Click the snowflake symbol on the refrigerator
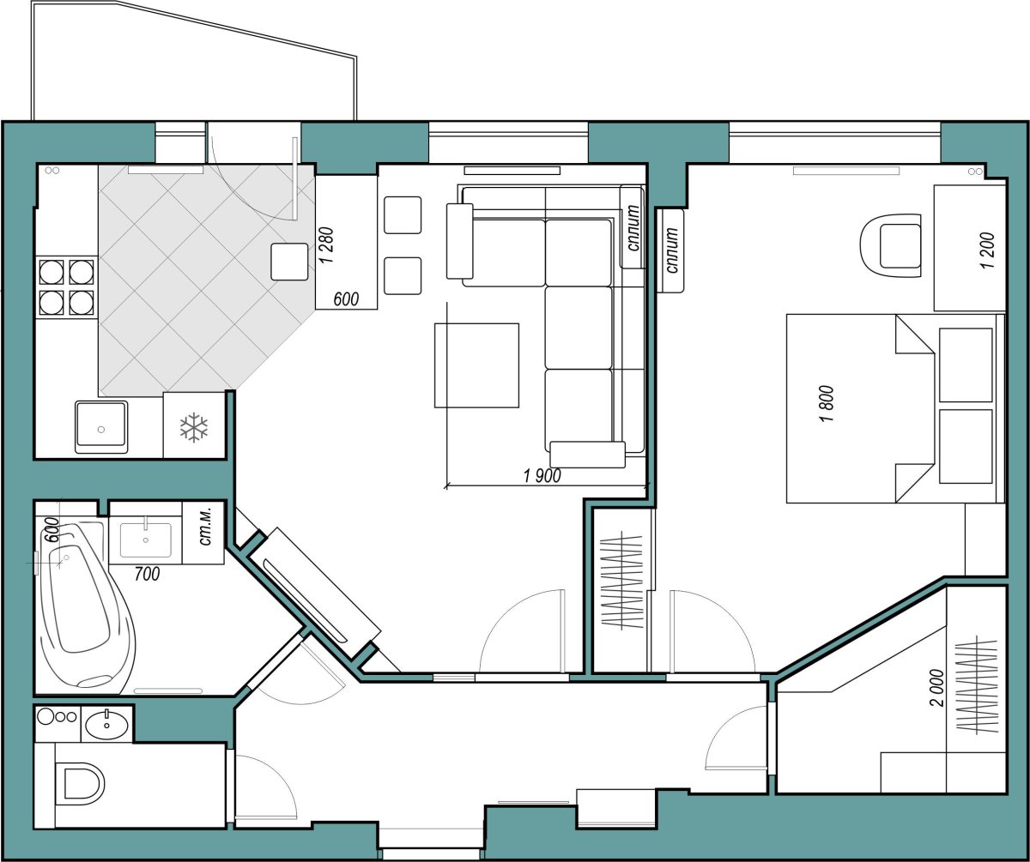pyautogui.click(x=194, y=428)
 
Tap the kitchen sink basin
pyautogui.click(x=101, y=427)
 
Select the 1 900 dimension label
pyautogui.click(x=542, y=476)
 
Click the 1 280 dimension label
pyautogui.click(x=326, y=245)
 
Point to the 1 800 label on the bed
pyautogui.click(x=827, y=403)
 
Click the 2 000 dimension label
pyautogui.click(x=936, y=688)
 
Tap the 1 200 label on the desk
pyautogui.click(x=987, y=250)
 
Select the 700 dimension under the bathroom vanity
pyautogui.click(x=147, y=574)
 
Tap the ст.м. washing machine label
pyautogui.click(x=206, y=532)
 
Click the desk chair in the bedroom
pyautogui.click(x=890, y=246)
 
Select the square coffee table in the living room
pyautogui.click(x=476, y=365)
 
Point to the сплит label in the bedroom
pyautogui.click(x=671, y=250)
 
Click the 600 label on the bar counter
pyautogui.click(x=346, y=298)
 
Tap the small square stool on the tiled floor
pyautogui.click(x=289, y=262)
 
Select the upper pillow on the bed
pyautogui.click(x=966, y=365)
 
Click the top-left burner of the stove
pyautogui.click(x=51, y=272)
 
